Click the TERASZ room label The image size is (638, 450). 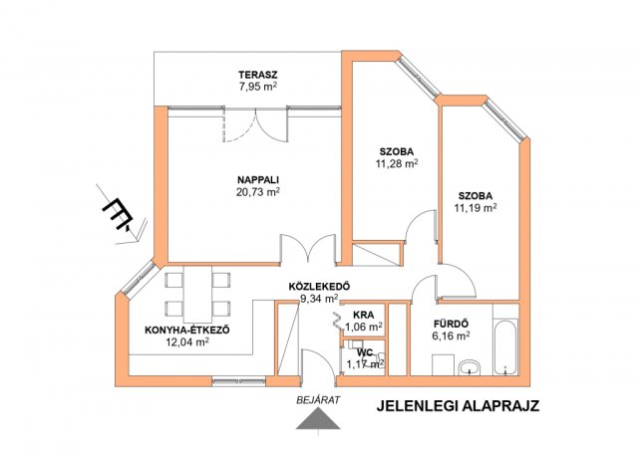(x=258, y=75)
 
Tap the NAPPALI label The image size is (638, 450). (x=258, y=179)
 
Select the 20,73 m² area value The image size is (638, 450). (x=258, y=192)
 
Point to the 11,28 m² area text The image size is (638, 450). (x=397, y=163)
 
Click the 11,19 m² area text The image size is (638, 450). (x=476, y=208)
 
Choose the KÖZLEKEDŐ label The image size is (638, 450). (x=319, y=286)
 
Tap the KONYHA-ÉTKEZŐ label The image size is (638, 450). (x=187, y=330)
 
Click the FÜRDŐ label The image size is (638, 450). (x=451, y=324)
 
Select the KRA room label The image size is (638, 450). (x=363, y=315)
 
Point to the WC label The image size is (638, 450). (x=365, y=352)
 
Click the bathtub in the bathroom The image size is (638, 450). (x=505, y=348)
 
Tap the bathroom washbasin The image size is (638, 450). (x=471, y=367)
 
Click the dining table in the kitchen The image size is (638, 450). (x=197, y=294)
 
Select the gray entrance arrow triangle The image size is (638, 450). (x=318, y=419)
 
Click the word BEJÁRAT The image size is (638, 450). (x=318, y=400)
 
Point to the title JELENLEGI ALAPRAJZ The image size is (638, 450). (x=458, y=406)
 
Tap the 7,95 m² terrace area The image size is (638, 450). (x=258, y=87)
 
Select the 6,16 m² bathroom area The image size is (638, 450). (x=451, y=336)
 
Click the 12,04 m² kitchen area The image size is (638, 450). (x=187, y=341)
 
